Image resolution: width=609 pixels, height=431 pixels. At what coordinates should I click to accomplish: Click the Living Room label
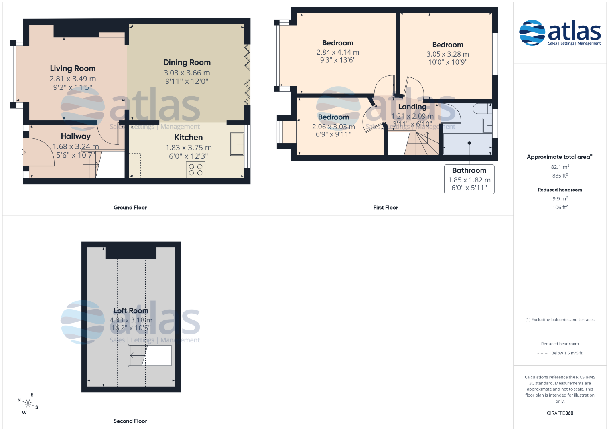pyautogui.click(x=73, y=69)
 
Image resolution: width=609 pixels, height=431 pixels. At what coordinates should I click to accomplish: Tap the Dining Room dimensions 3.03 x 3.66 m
pyautogui.click(x=187, y=73)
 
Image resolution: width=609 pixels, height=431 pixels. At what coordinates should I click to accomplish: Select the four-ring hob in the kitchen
pyautogui.click(x=196, y=170)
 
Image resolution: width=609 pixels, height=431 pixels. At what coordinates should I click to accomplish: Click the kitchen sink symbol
pyautogui.click(x=237, y=144)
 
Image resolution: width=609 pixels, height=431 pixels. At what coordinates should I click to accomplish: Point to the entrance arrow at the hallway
pyautogui.click(x=22, y=152)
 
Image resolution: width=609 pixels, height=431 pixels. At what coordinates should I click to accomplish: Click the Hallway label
pyautogui.click(x=76, y=136)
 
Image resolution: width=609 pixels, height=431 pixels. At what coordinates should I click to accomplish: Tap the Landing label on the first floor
pyautogui.click(x=412, y=107)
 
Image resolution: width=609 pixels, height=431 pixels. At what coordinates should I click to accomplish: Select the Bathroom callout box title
pyautogui.click(x=469, y=170)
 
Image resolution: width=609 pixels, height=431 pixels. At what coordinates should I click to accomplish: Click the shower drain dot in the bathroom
pyautogui.click(x=469, y=143)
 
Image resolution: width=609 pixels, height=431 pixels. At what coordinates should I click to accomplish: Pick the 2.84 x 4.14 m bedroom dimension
pyautogui.click(x=338, y=52)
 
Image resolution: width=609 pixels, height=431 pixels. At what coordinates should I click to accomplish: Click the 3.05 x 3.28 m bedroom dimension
pyautogui.click(x=447, y=54)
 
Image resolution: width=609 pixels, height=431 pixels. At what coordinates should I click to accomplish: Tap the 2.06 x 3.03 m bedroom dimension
pyautogui.click(x=333, y=127)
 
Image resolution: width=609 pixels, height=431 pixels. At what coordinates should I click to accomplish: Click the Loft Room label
pyautogui.click(x=131, y=311)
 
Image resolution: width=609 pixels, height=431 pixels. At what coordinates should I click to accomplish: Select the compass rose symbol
pyautogui.click(x=28, y=403)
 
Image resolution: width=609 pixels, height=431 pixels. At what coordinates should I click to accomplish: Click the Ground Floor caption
pyautogui.click(x=130, y=208)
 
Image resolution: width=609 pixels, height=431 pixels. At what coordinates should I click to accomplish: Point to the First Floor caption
pyautogui.click(x=386, y=208)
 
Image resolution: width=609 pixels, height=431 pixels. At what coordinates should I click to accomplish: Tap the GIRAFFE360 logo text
pyautogui.click(x=560, y=413)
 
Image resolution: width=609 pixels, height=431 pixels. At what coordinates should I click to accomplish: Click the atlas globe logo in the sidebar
pyautogui.click(x=532, y=33)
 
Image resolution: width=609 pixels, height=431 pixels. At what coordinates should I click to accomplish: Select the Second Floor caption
pyautogui.click(x=130, y=421)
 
